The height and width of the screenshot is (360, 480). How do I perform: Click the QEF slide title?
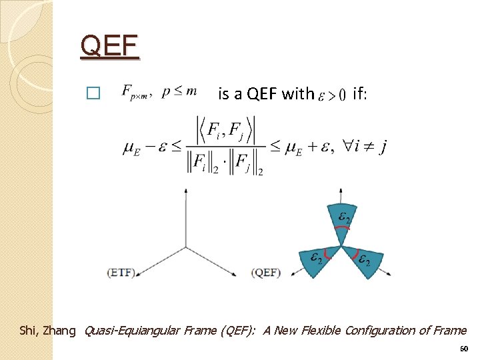pyautogui.click(x=109, y=47)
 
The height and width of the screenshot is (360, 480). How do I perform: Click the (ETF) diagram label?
pyautogui.click(x=121, y=272)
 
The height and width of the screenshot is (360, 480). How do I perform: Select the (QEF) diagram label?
pyautogui.click(x=267, y=272)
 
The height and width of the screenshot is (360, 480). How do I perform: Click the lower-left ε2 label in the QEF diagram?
pyautogui.click(x=316, y=257)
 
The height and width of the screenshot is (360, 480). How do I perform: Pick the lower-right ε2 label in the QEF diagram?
pyautogui.click(x=364, y=260)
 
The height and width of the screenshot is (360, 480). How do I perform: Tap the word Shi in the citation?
pyautogui.click(x=29, y=330)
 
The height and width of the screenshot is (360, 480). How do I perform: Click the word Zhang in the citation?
pyautogui.click(x=61, y=330)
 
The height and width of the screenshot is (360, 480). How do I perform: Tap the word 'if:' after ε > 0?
pyautogui.click(x=359, y=93)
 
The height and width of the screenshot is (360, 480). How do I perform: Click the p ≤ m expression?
pyautogui.click(x=179, y=92)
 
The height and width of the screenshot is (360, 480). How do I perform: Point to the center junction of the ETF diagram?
pyautogui.click(x=185, y=247)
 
